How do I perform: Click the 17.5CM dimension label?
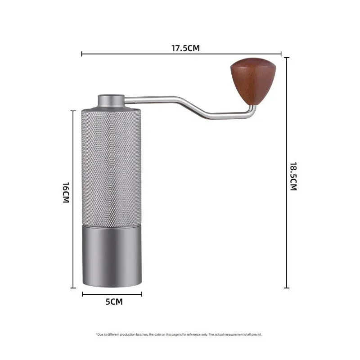[x=185, y=48]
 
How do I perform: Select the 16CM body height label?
[x=66, y=193]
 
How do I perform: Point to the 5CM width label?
[x=114, y=302]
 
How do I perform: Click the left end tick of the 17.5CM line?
[x=81, y=54]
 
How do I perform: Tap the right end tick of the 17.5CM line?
[x=281, y=54]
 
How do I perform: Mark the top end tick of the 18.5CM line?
[x=287, y=58]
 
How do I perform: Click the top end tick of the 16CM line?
[x=73, y=110]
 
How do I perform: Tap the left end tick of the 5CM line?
[x=82, y=294]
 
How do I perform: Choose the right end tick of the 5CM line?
[x=142, y=294]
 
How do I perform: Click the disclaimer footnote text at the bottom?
[x=179, y=334]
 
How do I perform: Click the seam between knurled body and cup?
[x=112, y=224]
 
